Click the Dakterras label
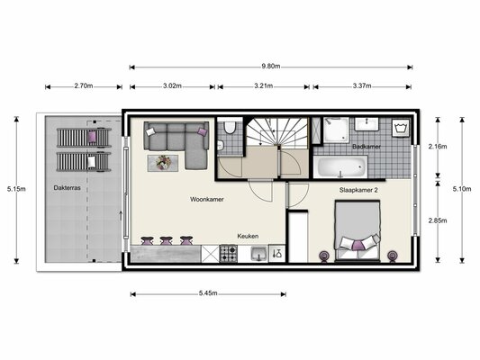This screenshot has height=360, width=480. [67, 189]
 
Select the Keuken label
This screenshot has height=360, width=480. [248, 236]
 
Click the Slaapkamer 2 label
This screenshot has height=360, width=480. [358, 191]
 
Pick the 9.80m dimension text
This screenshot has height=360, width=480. [271, 66]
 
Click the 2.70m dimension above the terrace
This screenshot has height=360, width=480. [82, 86]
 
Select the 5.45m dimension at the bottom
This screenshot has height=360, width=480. [208, 294]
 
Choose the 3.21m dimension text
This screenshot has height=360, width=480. [265, 86]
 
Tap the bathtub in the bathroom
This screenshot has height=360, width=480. [340, 167]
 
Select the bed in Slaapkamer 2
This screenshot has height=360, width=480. [358, 228]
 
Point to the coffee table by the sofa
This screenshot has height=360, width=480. [164, 163]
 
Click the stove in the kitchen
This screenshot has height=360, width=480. [228, 255]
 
